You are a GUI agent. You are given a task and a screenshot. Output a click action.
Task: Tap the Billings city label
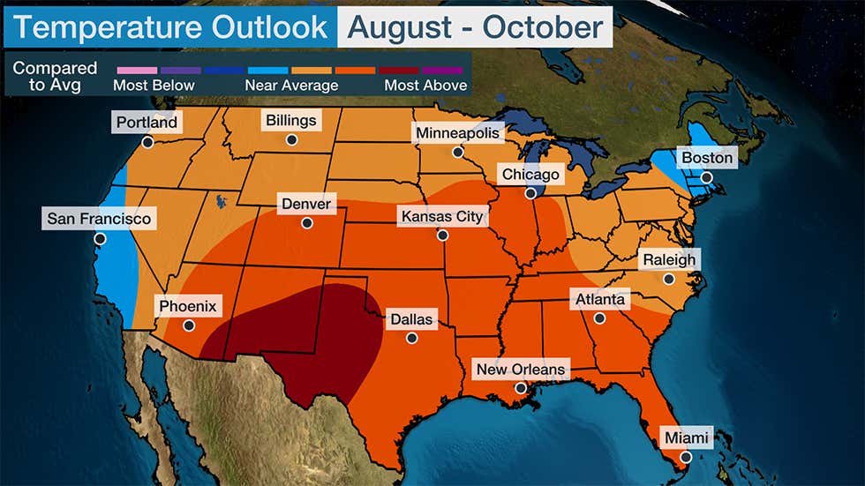(290, 120)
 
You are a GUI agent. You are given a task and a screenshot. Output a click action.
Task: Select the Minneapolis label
(458, 133)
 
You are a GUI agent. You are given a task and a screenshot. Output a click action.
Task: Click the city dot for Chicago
(531, 193)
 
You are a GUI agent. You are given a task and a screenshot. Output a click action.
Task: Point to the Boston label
(707, 158)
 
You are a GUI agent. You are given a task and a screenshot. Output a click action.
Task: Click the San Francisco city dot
(100, 238)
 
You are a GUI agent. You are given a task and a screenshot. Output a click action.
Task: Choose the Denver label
(305, 205)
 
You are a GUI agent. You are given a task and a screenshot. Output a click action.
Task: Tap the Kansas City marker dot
(442, 236)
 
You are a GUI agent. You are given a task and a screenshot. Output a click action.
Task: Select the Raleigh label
(668, 259)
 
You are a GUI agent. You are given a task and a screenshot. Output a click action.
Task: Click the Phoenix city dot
(188, 325)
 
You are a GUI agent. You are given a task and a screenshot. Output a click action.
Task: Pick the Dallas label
(410, 319)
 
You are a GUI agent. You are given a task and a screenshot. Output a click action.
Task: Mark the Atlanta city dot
(599, 318)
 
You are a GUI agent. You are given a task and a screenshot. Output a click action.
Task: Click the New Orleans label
(520, 369)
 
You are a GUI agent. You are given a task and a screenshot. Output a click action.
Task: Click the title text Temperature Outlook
(169, 26)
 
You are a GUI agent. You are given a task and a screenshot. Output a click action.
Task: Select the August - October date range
(475, 26)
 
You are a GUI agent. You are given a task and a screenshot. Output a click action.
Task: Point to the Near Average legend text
(290, 86)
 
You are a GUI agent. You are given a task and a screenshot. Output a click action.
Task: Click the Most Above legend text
(425, 86)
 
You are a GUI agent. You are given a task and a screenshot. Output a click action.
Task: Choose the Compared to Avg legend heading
(55, 76)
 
